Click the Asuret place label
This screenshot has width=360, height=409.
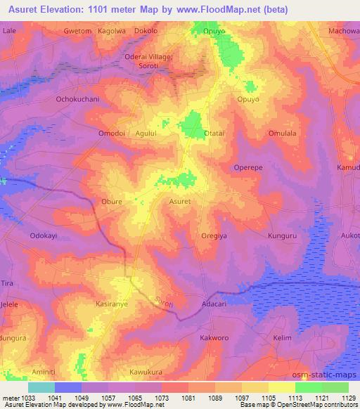coord(180,201)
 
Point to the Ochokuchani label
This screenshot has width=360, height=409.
coord(79,99)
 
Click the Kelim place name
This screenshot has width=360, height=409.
coord(282,338)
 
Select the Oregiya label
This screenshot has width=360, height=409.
coord(216,236)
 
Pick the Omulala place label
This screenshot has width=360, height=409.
coord(283,133)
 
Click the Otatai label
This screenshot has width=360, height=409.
coord(214,133)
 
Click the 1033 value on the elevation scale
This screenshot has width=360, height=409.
coord(27,397)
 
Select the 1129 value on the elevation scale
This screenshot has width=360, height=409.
coord(347,397)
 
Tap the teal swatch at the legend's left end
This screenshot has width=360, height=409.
coord(41,387)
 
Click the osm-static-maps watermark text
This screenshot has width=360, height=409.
coord(330,373)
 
